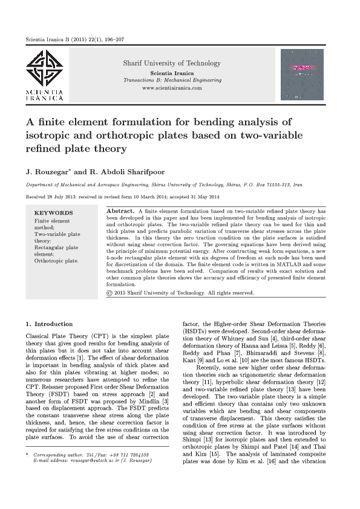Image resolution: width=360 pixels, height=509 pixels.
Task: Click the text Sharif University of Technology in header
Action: pyautogui.click(x=172, y=63)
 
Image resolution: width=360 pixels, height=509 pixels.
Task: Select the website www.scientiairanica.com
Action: pyautogui.click(x=172, y=88)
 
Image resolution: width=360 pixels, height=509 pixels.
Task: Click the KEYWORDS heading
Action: pyautogui.click(x=53, y=213)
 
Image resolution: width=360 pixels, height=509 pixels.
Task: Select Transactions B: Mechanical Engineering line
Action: pyautogui.click(x=172, y=80)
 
